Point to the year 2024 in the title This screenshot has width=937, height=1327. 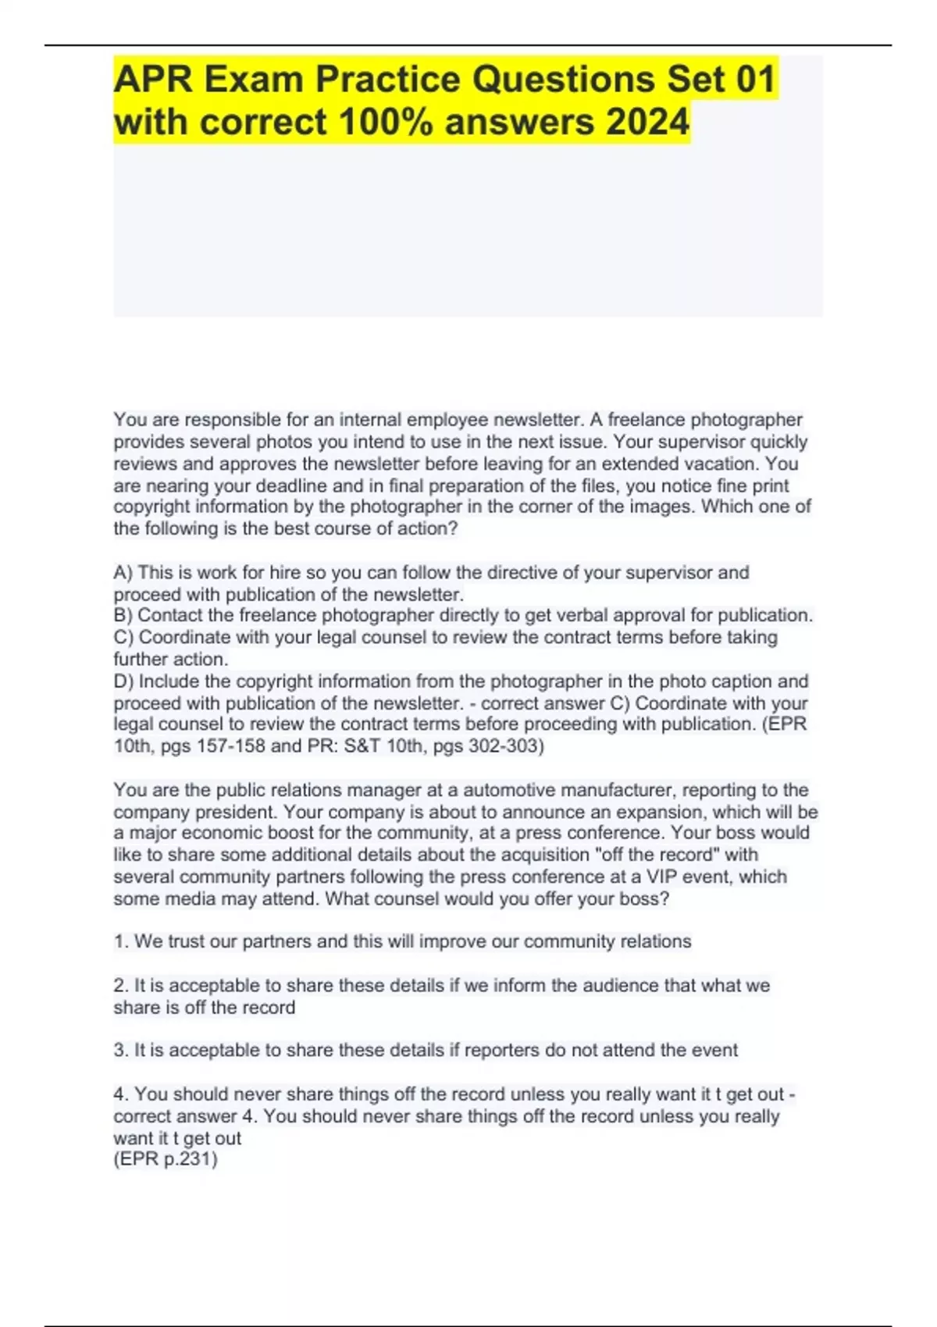coord(645,122)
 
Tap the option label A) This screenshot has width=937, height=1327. coord(123,573)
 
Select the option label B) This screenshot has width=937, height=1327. coord(123,616)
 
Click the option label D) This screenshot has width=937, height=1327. coord(123,681)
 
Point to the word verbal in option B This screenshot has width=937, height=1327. coord(550,616)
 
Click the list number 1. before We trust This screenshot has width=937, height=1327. coord(121,942)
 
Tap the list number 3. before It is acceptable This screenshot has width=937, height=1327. coord(121,1051)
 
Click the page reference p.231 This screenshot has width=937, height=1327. coord(187,1159)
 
